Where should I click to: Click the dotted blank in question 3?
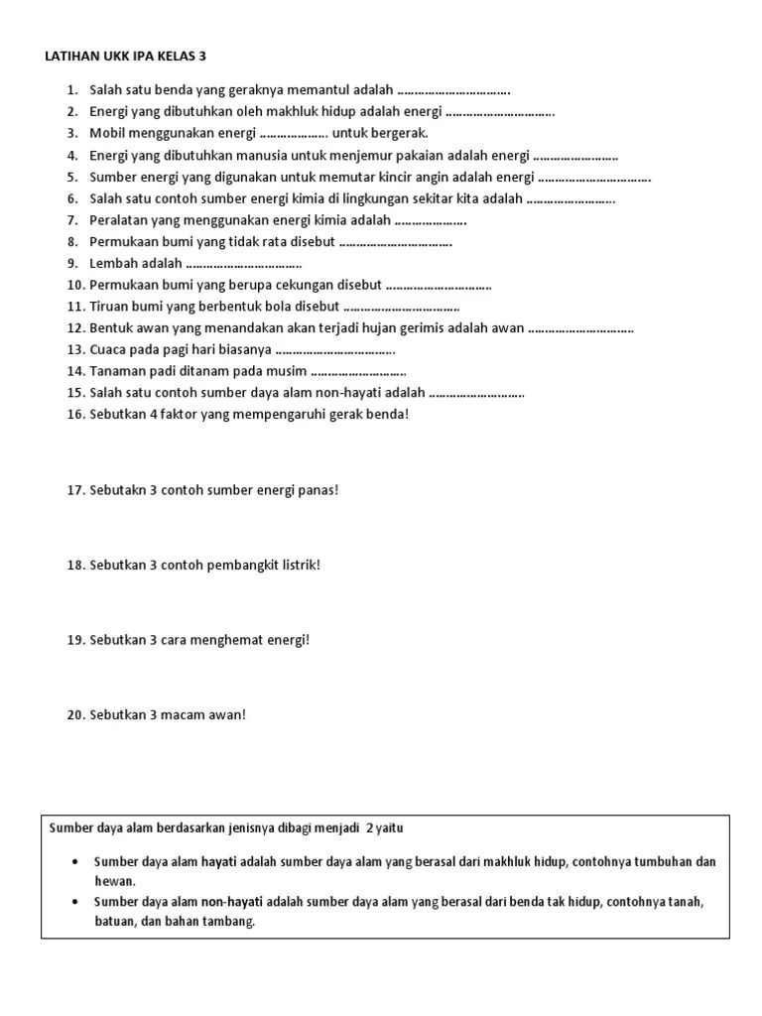(x=293, y=133)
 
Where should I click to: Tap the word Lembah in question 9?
(x=113, y=263)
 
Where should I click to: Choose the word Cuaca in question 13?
(x=109, y=350)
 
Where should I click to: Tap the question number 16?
(x=75, y=415)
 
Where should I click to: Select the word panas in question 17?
(x=317, y=491)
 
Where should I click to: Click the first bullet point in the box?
(x=76, y=862)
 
